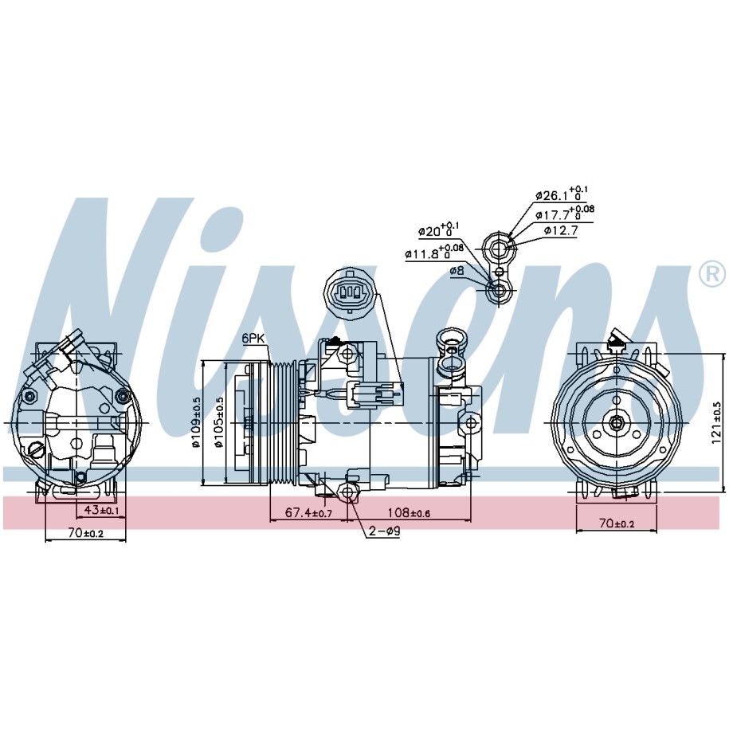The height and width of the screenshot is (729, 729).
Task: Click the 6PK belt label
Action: pos(253,339)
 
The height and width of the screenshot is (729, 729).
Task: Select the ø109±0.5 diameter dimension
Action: pos(195,422)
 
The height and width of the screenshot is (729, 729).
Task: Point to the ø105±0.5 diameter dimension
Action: pos(219,422)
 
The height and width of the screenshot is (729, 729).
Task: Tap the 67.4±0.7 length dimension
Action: pos(308,513)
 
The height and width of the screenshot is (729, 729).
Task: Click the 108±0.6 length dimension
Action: pos(410,513)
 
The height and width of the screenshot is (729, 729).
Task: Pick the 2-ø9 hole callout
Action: pos(384,531)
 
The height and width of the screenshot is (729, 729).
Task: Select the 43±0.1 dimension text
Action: pos(102,510)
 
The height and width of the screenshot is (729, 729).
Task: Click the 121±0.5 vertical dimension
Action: pos(717,422)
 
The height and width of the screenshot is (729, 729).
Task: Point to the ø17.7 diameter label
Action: pos(564,214)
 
